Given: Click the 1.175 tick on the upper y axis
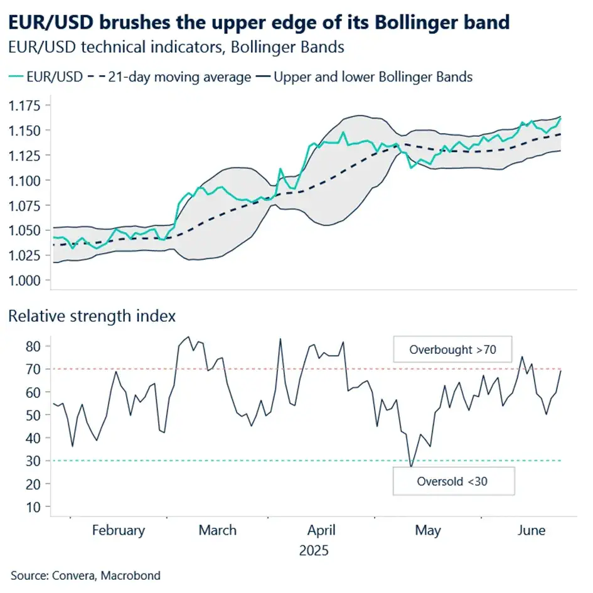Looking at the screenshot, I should [x=24, y=105].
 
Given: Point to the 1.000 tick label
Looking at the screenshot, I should [x=24, y=280].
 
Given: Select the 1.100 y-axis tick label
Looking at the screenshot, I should [x=24, y=180].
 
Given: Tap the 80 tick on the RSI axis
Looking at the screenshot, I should [x=33, y=346].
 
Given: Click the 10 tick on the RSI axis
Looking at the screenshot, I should [x=33, y=506].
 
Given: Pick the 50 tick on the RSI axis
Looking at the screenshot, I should [x=33, y=415].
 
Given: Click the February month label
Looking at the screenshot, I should [x=118, y=530].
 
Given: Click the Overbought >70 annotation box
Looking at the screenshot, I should [x=452, y=350].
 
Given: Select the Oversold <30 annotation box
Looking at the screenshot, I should [x=452, y=482].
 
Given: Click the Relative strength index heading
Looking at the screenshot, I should [x=92, y=316].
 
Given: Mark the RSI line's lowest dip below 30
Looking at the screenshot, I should [x=411, y=466].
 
